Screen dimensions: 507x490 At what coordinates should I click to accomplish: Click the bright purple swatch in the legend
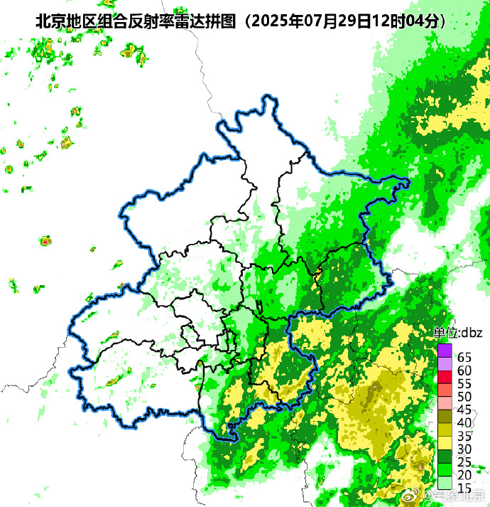445,350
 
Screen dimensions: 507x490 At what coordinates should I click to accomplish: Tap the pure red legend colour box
445,376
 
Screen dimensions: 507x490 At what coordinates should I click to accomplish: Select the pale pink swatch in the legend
445,402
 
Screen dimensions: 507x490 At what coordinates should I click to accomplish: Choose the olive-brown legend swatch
445,416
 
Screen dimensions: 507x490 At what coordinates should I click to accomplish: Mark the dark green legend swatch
445,455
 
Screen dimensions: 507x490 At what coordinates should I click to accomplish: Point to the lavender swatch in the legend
445,363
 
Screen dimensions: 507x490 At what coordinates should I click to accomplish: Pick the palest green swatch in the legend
445,482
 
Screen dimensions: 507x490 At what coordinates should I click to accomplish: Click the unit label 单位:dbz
458,332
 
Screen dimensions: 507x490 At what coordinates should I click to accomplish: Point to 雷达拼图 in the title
205,21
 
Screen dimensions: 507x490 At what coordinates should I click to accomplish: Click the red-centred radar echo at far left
46,242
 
